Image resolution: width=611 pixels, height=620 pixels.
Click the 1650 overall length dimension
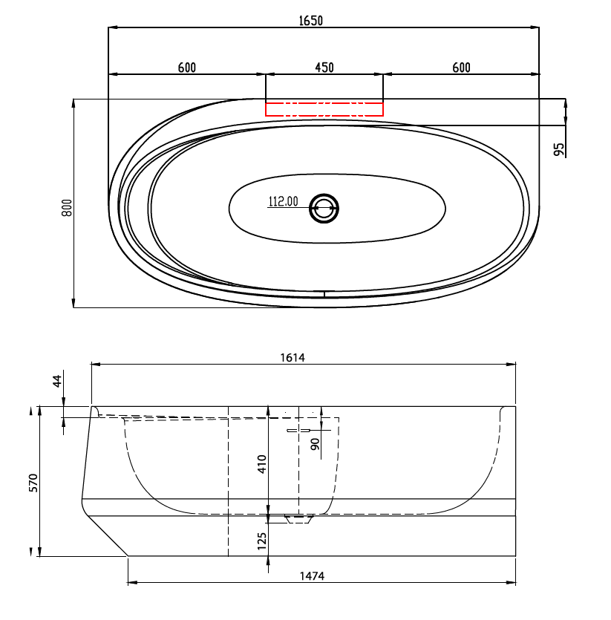pyautogui.click(x=311, y=21)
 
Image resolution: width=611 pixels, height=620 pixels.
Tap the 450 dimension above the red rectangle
pyautogui.click(x=324, y=68)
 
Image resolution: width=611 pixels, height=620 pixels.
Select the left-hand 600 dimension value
pyautogui.click(x=186, y=68)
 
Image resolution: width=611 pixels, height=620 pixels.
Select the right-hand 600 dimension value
pyautogui.click(x=462, y=68)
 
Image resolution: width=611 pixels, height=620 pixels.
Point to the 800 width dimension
pyautogui.click(x=67, y=208)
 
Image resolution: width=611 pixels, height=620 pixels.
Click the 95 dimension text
pyautogui.click(x=559, y=149)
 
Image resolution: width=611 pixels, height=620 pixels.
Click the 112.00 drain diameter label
pyautogui.click(x=283, y=201)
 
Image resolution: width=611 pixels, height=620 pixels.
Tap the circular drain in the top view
pyautogui.click(x=324, y=208)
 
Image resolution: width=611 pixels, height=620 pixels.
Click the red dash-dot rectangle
pyautogui.click(x=324, y=109)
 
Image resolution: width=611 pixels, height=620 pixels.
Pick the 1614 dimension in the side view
pyautogui.click(x=293, y=358)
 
